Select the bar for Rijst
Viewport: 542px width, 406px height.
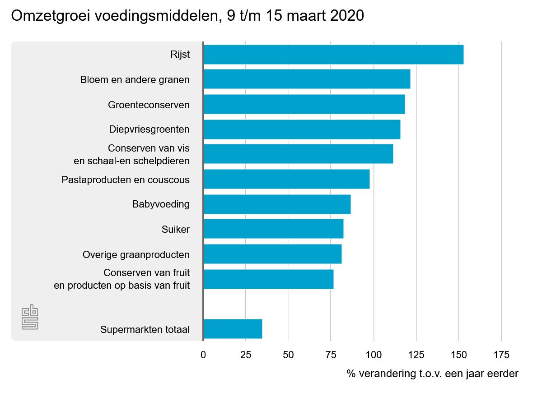(x=333, y=55)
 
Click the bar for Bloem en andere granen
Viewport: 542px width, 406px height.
(x=307, y=79)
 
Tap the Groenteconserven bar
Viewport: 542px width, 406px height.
(x=304, y=105)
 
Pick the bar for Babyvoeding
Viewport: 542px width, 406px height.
(x=277, y=204)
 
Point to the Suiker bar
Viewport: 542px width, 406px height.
(x=273, y=229)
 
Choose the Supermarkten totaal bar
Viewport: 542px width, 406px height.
(x=233, y=329)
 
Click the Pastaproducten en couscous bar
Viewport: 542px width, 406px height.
(x=286, y=179)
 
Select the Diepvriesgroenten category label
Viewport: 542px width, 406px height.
(x=149, y=129)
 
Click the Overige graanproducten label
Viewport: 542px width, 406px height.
(x=136, y=255)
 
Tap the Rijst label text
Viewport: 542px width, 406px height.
(x=180, y=55)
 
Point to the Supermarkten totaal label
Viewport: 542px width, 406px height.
(x=145, y=330)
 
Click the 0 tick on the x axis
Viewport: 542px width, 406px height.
(x=203, y=355)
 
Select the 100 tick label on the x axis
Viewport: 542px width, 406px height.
(x=374, y=355)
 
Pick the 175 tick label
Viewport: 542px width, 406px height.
(x=501, y=355)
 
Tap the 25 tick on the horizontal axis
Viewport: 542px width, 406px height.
(x=246, y=355)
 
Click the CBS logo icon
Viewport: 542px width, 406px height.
(x=30, y=318)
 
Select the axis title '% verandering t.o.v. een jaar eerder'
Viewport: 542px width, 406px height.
(x=432, y=374)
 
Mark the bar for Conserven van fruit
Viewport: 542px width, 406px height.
(x=268, y=279)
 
